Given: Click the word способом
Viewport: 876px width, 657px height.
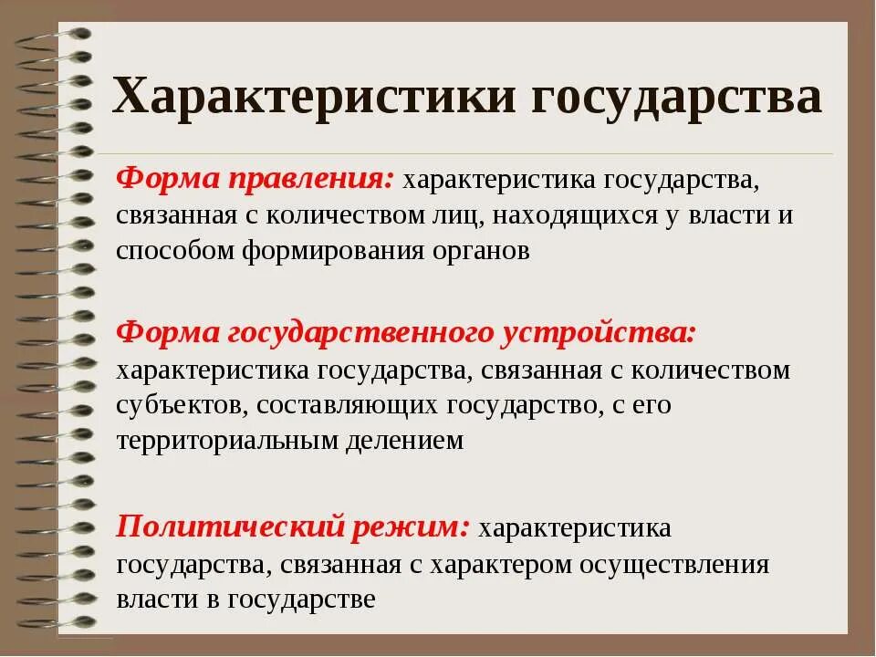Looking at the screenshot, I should [x=175, y=251].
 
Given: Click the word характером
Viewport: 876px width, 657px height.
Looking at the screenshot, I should [x=501, y=563].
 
